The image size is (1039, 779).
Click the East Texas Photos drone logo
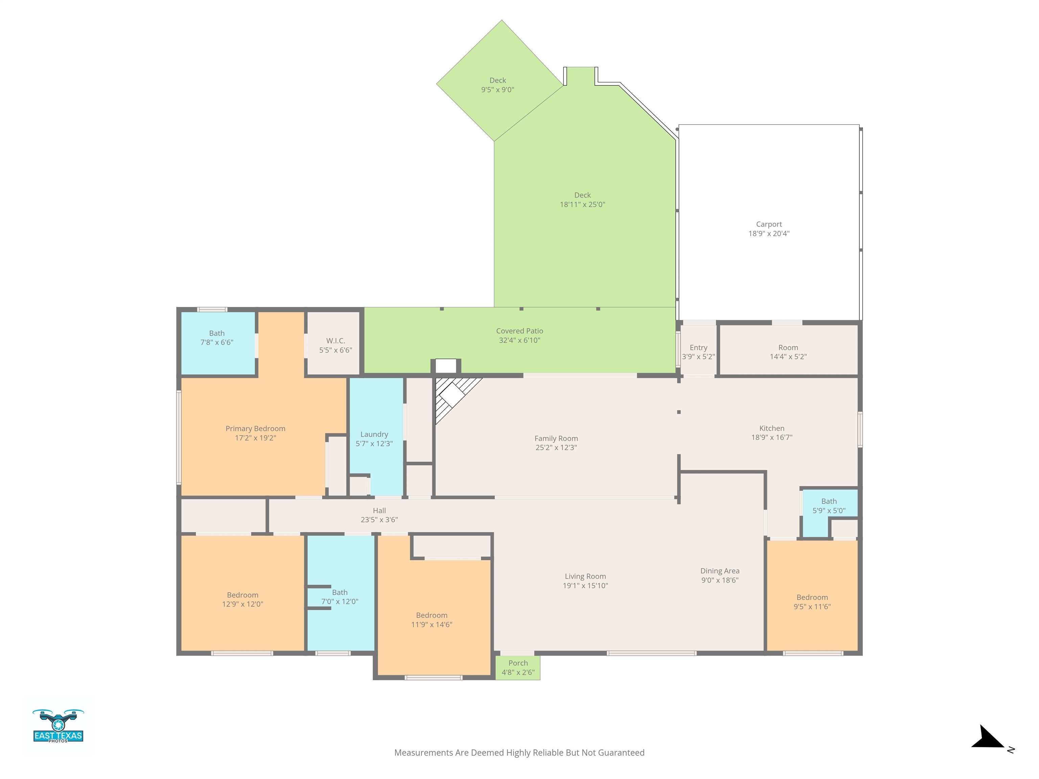[x=58, y=726]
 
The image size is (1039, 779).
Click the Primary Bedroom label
[x=256, y=429]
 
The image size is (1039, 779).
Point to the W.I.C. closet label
[x=336, y=341]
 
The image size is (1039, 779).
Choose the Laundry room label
[x=374, y=435]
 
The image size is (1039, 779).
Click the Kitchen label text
[x=772, y=428]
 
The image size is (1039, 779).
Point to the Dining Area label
[x=720, y=571]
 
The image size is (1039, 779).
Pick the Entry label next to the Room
[x=698, y=348]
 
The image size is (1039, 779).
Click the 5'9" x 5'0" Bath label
[x=829, y=506]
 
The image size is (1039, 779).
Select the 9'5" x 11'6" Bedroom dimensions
[x=812, y=607]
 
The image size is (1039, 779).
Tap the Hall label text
[x=379, y=511]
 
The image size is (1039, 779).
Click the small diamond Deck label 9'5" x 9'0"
[x=498, y=85]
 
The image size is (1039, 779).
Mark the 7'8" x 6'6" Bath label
[x=217, y=338]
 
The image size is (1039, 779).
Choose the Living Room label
[x=585, y=576]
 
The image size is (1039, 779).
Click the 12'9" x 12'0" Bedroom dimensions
[x=243, y=604]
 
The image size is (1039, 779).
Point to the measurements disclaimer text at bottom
[x=519, y=753]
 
